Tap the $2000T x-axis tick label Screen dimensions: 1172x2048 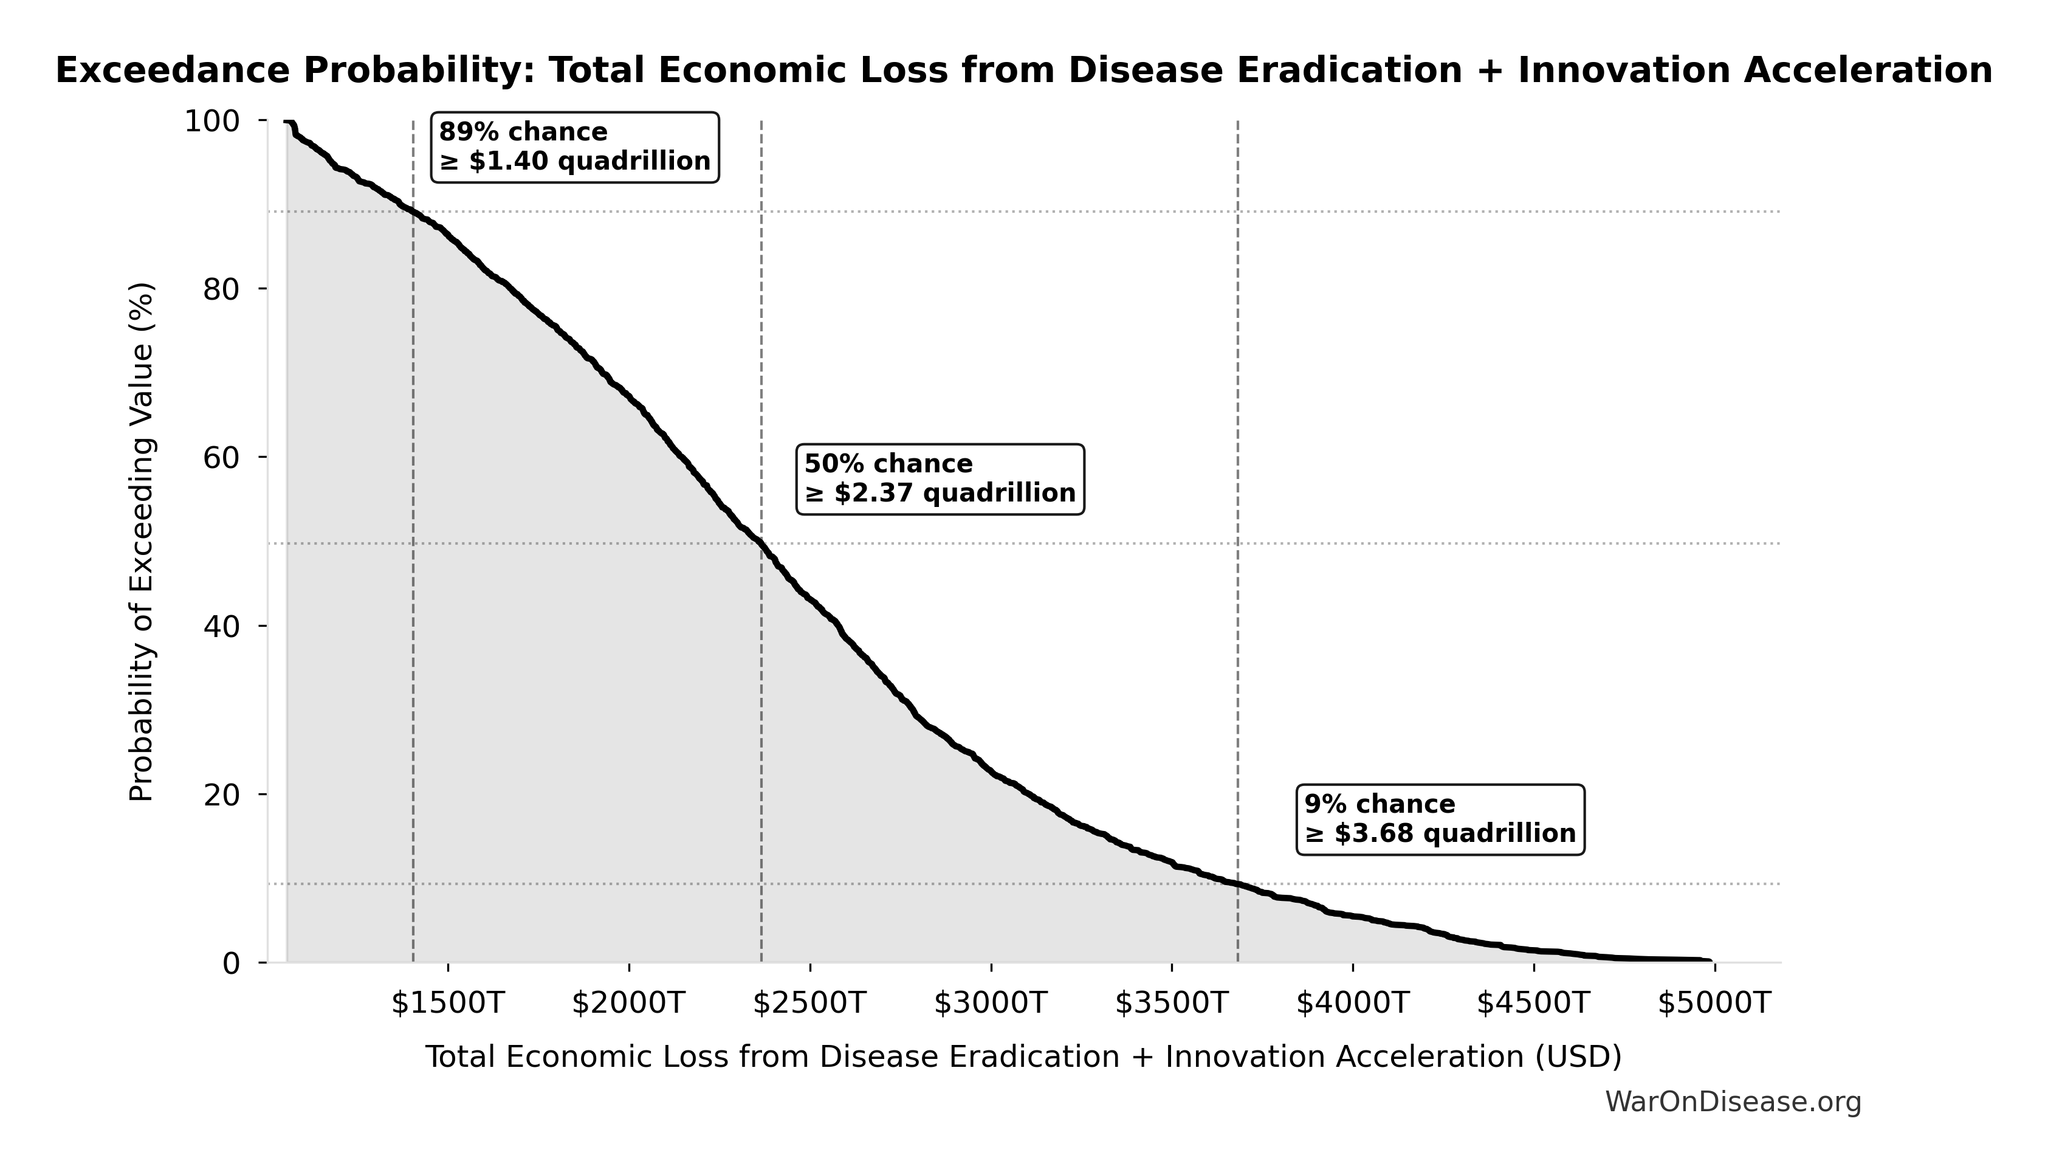coord(628,1004)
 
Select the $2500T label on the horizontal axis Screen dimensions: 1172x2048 coord(809,1004)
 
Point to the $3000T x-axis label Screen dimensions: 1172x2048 coord(991,1004)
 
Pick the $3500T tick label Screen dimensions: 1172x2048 coord(1172,1004)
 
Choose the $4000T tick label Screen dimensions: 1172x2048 coord(1353,1004)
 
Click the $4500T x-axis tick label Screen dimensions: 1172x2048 coord(1534,1004)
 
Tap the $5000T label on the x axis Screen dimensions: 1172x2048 coord(1715,1004)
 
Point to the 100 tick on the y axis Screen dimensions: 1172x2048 coord(213,122)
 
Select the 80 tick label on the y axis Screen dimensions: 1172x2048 coord(221,290)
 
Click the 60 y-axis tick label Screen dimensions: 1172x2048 coord(221,458)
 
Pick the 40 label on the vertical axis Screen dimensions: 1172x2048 coord(221,626)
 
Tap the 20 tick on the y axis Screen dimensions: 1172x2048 coord(221,795)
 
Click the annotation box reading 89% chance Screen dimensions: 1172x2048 coord(574,147)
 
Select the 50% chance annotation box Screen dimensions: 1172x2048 coord(940,479)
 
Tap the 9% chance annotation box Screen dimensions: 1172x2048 coord(1440,819)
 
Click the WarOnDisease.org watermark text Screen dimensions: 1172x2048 coord(1733,1102)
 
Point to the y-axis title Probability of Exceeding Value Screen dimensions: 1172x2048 coord(142,542)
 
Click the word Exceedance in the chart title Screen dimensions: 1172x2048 coord(171,71)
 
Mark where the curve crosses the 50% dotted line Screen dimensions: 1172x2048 coord(760,543)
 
